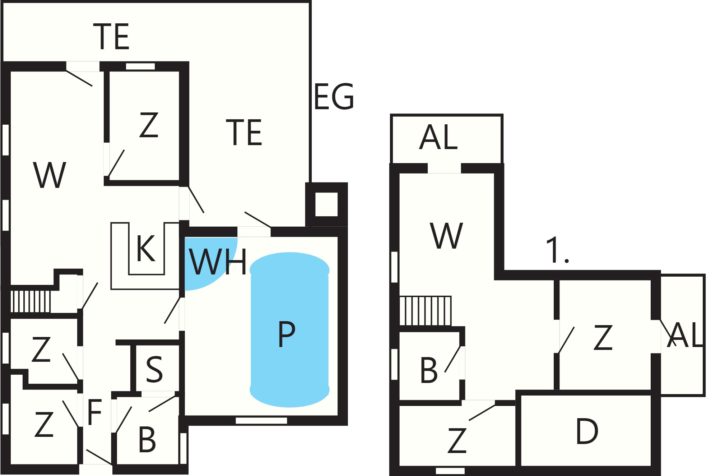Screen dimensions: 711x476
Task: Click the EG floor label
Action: pos(334,96)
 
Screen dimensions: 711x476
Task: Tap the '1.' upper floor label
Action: pos(557,250)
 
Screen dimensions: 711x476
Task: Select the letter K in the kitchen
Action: pos(146,248)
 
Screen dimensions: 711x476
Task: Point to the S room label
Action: pos(154,369)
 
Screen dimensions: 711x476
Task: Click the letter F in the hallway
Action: pos(95,412)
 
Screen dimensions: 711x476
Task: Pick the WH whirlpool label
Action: pos(218,261)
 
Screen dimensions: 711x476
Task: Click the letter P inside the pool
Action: pos(287,334)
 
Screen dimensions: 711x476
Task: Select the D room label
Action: pos(587,431)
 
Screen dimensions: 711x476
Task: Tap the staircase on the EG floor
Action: pos(31,301)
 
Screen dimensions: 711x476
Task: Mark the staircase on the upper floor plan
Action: pos(426,311)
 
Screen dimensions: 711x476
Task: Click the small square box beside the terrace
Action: pos(326,204)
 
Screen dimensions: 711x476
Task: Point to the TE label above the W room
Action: pos(111,37)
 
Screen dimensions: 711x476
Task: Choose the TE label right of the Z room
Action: pos(244,132)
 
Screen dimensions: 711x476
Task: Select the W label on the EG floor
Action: pos(50,175)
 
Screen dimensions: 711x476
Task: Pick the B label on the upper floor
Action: pos(429,370)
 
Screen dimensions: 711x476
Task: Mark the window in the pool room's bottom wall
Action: pos(261,420)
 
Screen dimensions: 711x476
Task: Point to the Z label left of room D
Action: pos(457,440)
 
